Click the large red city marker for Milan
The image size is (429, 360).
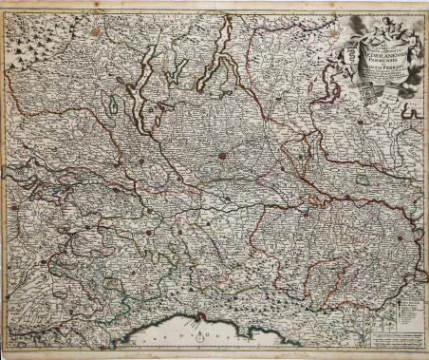pos(222,156)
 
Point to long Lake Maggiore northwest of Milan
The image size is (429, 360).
pos(152,90)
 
